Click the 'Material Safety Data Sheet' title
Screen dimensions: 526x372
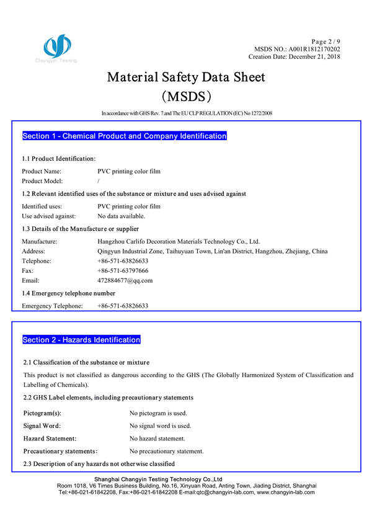pos(186,78)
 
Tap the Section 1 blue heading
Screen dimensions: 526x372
pos(124,136)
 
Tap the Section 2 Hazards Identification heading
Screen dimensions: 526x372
pos(81,340)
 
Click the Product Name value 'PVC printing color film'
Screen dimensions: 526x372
pos(129,171)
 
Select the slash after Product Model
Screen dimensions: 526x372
pos(99,181)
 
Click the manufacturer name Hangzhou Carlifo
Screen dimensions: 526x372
pos(179,241)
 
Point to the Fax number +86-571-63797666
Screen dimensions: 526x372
pos(123,271)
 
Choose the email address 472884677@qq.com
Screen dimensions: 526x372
pos(125,281)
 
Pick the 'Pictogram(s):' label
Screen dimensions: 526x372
pos(42,412)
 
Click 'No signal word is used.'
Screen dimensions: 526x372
pos(160,426)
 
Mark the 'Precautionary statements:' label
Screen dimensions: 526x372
pos(60,451)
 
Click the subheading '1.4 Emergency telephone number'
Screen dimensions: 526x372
pos(69,293)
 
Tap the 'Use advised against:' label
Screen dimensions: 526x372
pos(49,216)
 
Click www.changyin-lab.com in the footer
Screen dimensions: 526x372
pos(286,492)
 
